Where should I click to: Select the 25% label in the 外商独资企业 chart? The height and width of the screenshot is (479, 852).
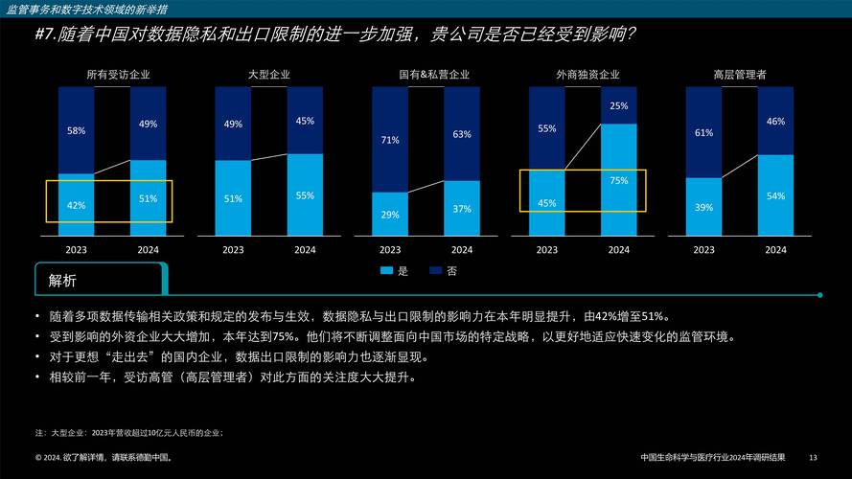(x=619, y=106)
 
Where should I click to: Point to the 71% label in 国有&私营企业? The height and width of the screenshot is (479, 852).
(x=390, y=140)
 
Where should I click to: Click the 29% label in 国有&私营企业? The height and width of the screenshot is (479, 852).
(x=390, y=215)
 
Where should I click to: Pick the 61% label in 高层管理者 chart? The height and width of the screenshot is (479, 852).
(x=703, y=133)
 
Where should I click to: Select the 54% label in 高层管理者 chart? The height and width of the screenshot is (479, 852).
(x=775, y=195)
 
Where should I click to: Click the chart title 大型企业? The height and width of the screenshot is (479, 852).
(x=268, y=75)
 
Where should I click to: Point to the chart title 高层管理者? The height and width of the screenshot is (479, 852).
(x=739, y=75)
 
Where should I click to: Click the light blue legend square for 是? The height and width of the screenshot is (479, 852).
(x=386, y=271)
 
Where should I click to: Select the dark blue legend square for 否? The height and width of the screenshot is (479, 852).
(x=435, y=271)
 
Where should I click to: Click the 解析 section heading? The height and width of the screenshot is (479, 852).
(x=62, y=281)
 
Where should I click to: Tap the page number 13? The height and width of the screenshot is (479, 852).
(x=814, y=456)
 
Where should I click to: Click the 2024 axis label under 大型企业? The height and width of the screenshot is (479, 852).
(x=305, y=250)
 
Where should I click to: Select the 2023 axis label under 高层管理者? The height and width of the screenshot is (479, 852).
(x=703, y=250)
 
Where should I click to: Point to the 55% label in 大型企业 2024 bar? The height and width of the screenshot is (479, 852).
(x=305, y=195)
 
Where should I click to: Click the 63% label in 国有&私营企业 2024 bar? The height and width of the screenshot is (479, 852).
(x=462, y=135)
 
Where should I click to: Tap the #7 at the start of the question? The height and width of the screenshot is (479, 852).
(x=45, y=35)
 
